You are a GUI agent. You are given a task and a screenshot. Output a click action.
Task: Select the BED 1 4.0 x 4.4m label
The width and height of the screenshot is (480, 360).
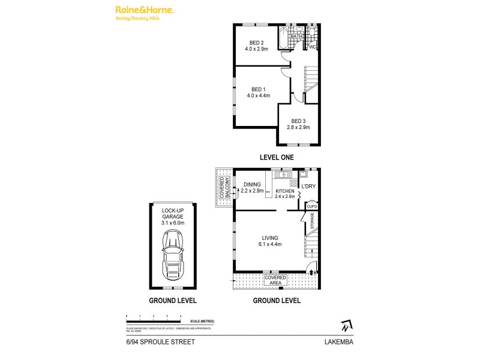coord(259,92)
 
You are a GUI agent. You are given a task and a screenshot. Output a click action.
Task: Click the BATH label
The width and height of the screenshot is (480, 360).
coord(296,37)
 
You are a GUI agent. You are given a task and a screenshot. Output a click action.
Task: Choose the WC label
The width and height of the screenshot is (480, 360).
coord(313,46)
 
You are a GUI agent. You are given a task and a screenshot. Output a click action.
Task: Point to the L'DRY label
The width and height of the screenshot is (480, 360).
coord(308,186)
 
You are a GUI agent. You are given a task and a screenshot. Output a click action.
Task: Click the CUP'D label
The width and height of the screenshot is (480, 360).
coord(311,207)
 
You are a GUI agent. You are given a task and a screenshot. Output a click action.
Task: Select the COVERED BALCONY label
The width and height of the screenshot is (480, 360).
coord(224,187)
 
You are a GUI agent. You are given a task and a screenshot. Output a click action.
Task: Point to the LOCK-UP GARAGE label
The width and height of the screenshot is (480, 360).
coord(173,217)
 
